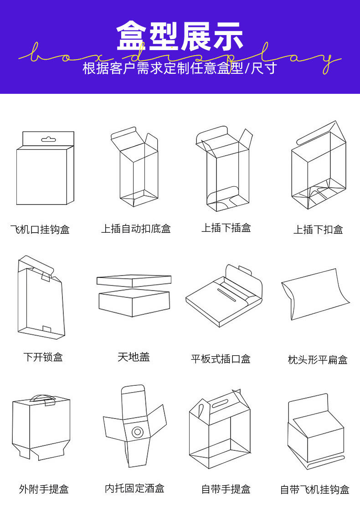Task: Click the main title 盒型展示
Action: click(180, 36)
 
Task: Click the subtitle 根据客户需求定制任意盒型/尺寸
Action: click(180, 68)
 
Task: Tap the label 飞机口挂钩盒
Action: click(40, 230)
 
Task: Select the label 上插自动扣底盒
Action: click(136, 229)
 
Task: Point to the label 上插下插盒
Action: click(226, 228)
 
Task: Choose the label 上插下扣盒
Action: click(318, 230)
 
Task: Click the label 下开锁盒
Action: click(43, 357)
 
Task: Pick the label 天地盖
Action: click(134, 357)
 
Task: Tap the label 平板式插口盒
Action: click(221, 359)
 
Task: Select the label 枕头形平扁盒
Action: click(318, 360)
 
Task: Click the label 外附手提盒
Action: click(44, 489)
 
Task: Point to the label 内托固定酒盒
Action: click(134, 488)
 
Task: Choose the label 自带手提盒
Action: click(226, 489)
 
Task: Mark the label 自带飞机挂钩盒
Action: click(314, 490)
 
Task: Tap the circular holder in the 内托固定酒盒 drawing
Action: click(136, 431)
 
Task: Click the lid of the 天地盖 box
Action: click(134, 281)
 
